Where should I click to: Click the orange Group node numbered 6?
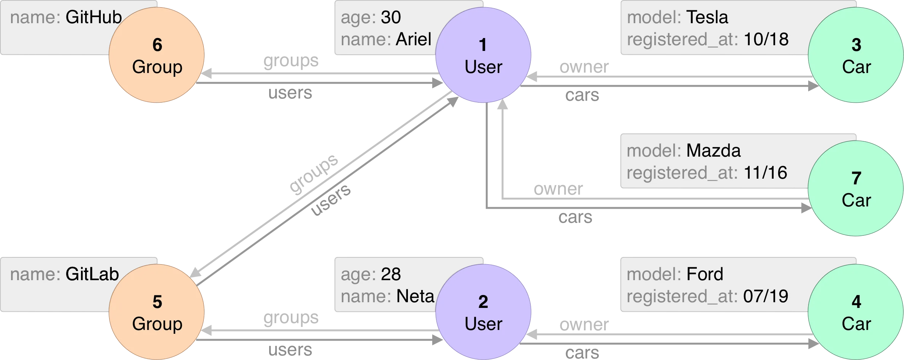(157, 56)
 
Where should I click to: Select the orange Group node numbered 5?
(157, 312)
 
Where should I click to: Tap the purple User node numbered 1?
(483, 56)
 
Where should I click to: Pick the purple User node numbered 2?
(483, 312)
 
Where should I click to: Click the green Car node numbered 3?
(856, 56)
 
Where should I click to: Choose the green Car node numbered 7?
(856, 189)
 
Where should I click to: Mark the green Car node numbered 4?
(856, 312)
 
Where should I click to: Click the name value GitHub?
(94, 17)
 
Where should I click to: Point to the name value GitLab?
(92, 274)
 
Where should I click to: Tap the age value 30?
(391, 17)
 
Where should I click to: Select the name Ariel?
(414, 39)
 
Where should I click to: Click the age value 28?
(391, 274)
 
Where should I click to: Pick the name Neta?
(415, 296)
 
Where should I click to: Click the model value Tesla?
(707, 17)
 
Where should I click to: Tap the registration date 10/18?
(766, 40)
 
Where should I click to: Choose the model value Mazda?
(713, 151)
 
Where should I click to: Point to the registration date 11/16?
(765, 173)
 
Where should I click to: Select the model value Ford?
(705, 274)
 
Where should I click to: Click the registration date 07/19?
(766, 297)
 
